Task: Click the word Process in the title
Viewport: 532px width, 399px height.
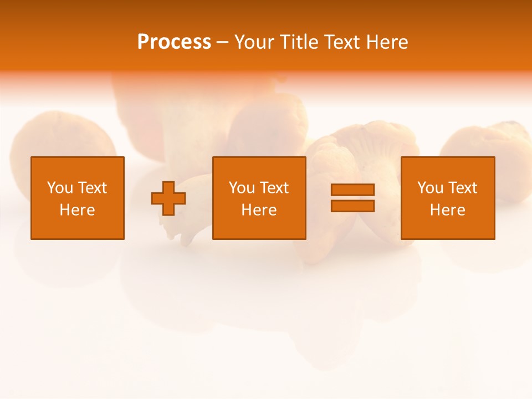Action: coord(174,42)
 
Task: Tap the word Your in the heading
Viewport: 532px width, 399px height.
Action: coord(254,42)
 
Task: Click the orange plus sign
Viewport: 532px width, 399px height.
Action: coord(168,198)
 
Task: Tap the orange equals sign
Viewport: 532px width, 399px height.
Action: coord(352,198)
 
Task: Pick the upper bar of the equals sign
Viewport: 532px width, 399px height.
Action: coord(352,190)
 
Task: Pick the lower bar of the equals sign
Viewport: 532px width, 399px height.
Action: coord(352,206)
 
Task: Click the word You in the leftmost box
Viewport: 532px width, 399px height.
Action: coord(60,188)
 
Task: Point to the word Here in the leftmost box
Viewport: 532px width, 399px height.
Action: coord(78,210)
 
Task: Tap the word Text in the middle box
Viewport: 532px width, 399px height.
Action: coord(274,188)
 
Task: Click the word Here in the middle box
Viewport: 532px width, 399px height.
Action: coord(259,210)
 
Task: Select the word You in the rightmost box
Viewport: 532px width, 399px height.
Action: coord(430,188)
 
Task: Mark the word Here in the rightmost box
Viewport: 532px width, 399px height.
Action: coord(448,210)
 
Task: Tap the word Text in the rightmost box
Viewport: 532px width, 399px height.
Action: coord(462,188)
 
